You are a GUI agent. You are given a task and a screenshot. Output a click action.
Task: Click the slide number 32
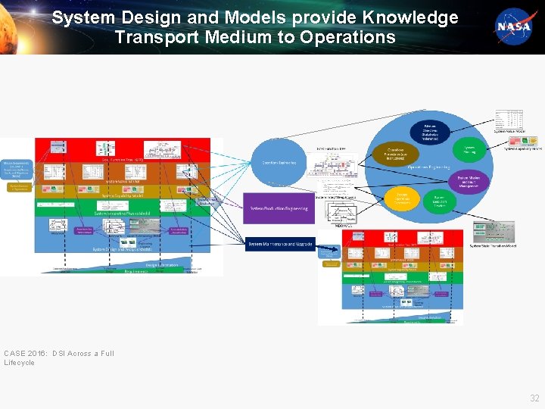pos(534,398)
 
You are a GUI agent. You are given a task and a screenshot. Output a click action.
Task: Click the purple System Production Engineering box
pos(279,208)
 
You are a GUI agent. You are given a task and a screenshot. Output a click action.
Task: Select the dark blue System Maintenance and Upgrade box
pos(279,243)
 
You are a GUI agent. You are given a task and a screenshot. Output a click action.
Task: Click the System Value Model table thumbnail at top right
pos(509,120)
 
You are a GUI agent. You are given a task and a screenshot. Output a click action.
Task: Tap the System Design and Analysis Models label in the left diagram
pos(121,248)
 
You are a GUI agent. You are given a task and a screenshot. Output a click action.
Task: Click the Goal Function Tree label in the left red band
pos(121,160)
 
